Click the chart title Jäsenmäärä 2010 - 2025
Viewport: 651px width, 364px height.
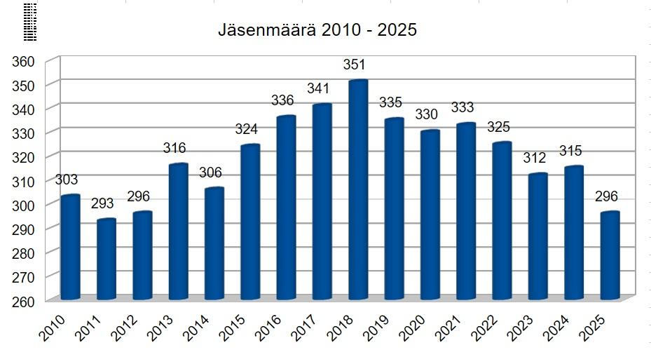[x=317, y=31]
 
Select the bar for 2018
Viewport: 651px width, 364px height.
[x=358, y=189]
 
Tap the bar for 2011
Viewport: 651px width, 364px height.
[x=107, y=259]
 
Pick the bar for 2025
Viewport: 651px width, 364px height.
[x=610, y=255]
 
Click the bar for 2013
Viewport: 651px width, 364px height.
[x=179, y=231]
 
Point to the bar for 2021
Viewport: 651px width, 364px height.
[x=466, y=211]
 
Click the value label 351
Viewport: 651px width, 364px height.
[x=355, y=65]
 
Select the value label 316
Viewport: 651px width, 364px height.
[x=174, y=148]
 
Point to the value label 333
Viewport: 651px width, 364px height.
[x=462, y=108]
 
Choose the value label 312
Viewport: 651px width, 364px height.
[x=535, y=159]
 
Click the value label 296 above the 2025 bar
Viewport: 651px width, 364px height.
[x=607, y=196]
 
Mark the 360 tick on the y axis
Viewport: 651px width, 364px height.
[x=24, y=62]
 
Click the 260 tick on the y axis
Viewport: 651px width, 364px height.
[x=24, y=302]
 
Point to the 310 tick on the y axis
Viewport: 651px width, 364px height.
[x=24, y=182]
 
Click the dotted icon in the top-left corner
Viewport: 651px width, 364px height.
[x=29, y=20]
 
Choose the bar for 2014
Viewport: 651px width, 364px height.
[x=214, y=243]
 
